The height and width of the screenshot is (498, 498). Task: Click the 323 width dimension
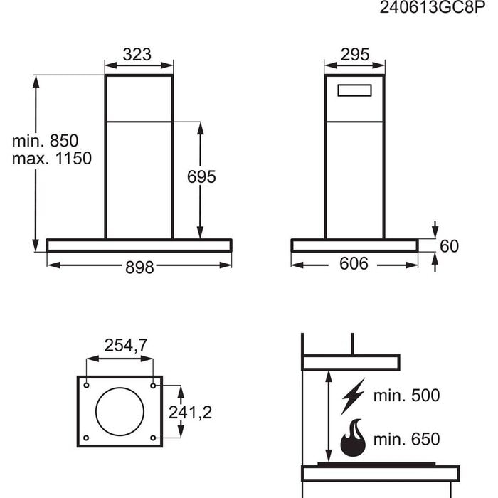click(139, 54)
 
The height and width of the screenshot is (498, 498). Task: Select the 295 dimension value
click(354, 54)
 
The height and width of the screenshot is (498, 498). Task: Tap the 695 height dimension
click(201, 177)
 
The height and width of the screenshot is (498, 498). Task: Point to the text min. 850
click(45, 140)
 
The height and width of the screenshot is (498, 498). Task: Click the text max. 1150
click(51, 159)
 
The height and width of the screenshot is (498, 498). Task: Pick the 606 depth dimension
click(354, 265)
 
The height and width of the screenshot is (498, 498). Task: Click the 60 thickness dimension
click(449, 246)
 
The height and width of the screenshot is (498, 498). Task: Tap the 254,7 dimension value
click(126, 346)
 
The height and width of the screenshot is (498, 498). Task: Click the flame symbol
click(354, 439)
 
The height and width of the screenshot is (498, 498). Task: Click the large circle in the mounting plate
click(120, 411)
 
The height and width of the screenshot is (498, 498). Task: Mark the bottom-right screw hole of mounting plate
click(154, 438)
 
